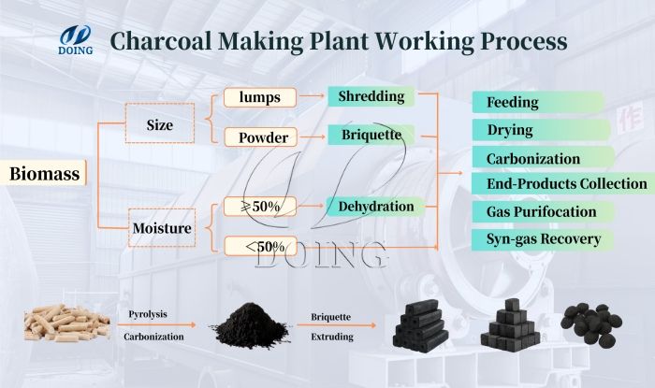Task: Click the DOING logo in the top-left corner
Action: pyautogui.click(x=74, y=39)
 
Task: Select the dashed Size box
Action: pyautogui.click(x=159, y=122)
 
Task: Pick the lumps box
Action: pyautogui.click(x=260, y=97)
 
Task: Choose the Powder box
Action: pyautogui.click(x=260, y=137)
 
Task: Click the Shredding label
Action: pyautogui.click(x=371, y=96)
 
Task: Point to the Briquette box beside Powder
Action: pyautogui.click(x=371, y=136)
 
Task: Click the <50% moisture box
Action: pyautogui.click(x=260, y=247)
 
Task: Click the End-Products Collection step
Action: pyautogui.click(x=560, y=184)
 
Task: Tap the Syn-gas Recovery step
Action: pyautogui.click(x=543, y=239)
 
